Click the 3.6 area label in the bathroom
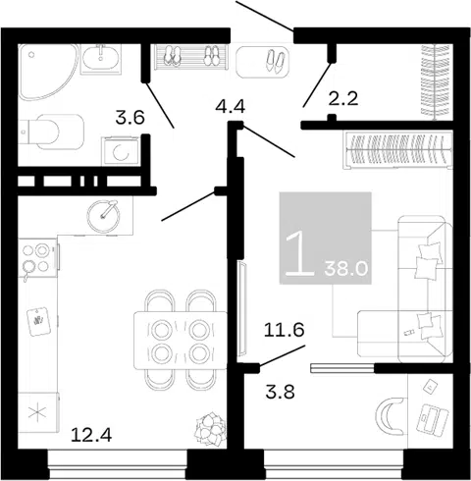tap(130, 118)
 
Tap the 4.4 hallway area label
tap(231, 106)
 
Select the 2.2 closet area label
tap(343, 98)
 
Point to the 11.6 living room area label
tap(285, 330)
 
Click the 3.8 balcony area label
tap(281, 392)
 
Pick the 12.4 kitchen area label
tap(91, 435)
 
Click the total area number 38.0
tap(346, 269)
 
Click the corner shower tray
tap(46, 71)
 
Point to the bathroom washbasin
tap(101, 59)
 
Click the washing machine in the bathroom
tap(121, 151)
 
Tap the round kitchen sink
tap(103, 216)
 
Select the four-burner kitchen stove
tap(38, 259)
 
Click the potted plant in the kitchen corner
tap(210, 429)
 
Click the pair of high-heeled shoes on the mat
tap(275, 61)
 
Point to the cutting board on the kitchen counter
tap(38, 321)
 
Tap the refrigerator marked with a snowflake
tap(38, 413)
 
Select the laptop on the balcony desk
tap(432, 419)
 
